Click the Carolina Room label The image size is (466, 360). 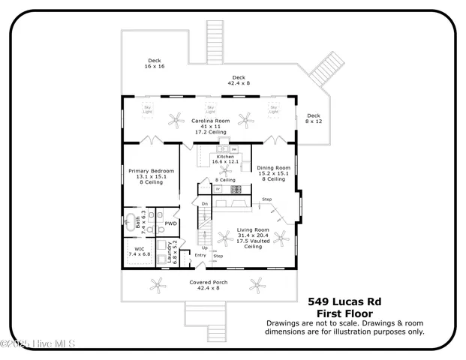209,121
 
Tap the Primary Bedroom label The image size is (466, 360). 151,171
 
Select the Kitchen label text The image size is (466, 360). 225,157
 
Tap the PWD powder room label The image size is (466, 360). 171,223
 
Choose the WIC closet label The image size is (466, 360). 140,250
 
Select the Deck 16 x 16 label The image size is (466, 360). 155,62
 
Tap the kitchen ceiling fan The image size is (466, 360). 224,170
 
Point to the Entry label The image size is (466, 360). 200,255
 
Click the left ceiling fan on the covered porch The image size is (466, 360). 158,283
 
